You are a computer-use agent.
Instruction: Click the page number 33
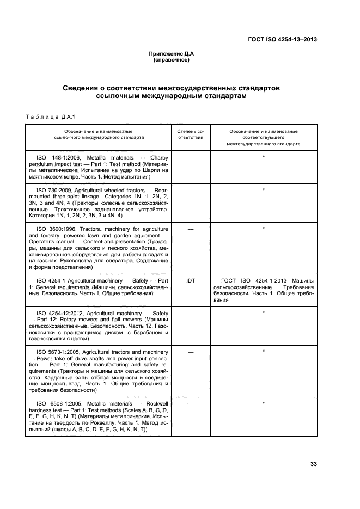(313, 464)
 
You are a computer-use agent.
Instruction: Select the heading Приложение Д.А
(170, 53)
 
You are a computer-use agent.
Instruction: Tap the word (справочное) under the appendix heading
(170, 60)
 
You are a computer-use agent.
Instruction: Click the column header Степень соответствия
(191, 134)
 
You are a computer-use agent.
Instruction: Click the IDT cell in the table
(191, 281)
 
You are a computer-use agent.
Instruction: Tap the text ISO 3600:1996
(56, 228)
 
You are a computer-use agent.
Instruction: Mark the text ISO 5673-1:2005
(57, 352)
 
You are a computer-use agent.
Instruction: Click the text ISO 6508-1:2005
(57, 403)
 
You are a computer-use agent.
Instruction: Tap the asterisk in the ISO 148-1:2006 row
(264, 157)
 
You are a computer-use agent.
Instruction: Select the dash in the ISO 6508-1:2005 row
(191, 404)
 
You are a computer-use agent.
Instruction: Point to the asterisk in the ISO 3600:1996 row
(264, 228)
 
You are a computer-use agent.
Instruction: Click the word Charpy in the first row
(155, 157)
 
